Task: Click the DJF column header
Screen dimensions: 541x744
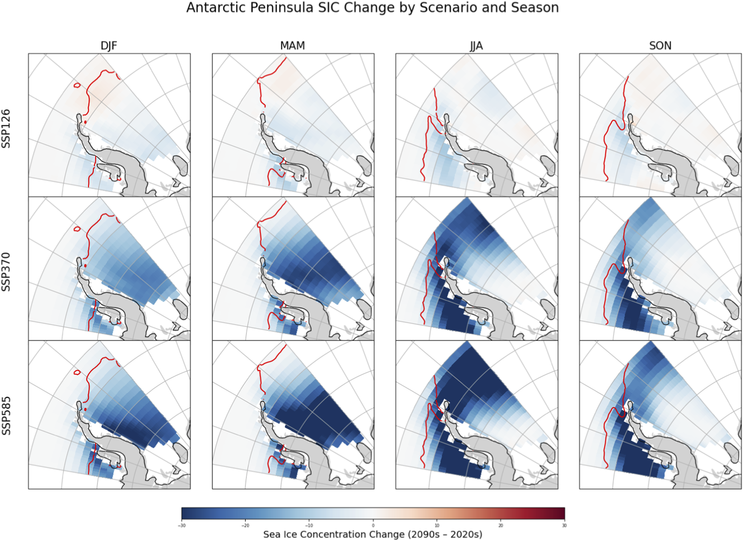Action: (109, 46)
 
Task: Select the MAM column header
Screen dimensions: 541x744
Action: (293, 46)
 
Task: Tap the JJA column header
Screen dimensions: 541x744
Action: (476, 46)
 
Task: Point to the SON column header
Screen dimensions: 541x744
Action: (660, 46)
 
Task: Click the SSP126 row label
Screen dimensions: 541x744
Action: (6, 128)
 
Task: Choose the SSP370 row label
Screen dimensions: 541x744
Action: (6, 272)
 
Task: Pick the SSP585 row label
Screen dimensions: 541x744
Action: (6, 415)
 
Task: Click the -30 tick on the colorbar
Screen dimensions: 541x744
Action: (182, 526)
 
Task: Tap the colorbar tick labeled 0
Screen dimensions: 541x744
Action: (373, 526)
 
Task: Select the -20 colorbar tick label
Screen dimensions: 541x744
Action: (245, 526)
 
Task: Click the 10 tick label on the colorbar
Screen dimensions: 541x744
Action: (437, 526)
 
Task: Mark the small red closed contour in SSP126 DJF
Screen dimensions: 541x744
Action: (77, 85)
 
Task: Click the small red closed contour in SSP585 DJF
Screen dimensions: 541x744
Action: (77, 373)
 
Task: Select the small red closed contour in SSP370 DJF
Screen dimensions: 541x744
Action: (77, 229)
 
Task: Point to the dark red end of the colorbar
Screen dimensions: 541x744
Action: (560, 513)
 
